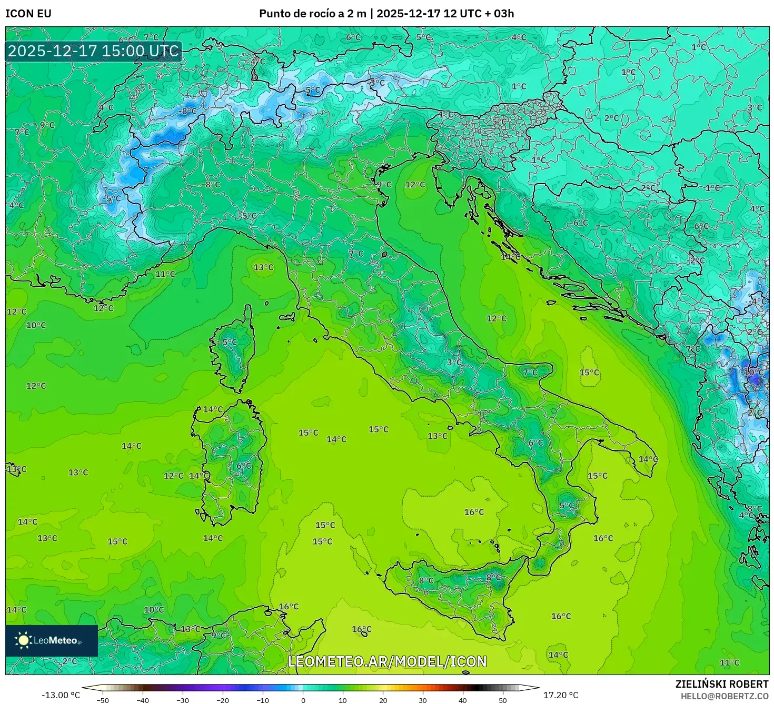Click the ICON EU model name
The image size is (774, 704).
pyautogui.click(x=28, y=14)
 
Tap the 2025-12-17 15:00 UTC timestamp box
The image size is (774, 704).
pyautogui.click(x=94, y=51)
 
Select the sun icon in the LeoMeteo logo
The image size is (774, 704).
pyautogui.click(x=23, y=640)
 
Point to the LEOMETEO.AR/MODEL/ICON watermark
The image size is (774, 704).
pyautogui.click(x=387, y=661)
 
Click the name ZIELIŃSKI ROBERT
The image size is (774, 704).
pyautogui.click(x=721, y=684)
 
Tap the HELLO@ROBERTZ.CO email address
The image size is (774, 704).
pyautogui.click(x=724, y=696)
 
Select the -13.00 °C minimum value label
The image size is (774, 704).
pyautogui.click(x=61, y=695)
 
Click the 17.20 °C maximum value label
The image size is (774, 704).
pyautogui.click(x=561, y=695)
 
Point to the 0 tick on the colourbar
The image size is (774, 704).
pyautogui.click(x=303, y=700)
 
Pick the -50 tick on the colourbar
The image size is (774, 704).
pyautogui.click(x=103, y=700)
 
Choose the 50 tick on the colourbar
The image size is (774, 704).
pyautogui.click(x=503, y=700)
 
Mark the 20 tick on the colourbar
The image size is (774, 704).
pyautogui.click(x=383, y=700)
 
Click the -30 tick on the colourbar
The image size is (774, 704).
pyautogui.click(x=183, y=700)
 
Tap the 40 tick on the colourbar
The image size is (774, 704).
pyautogui.click(x=463, y=700)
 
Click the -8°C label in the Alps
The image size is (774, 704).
pyautogui.click(x=187, y=111)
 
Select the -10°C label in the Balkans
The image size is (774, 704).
pyautogui.click(x=753, y=372)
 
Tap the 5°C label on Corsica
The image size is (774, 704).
pyautogui.click(x=230, y=342)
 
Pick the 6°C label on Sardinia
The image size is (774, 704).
pyautogui.click(x=244, y=466)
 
